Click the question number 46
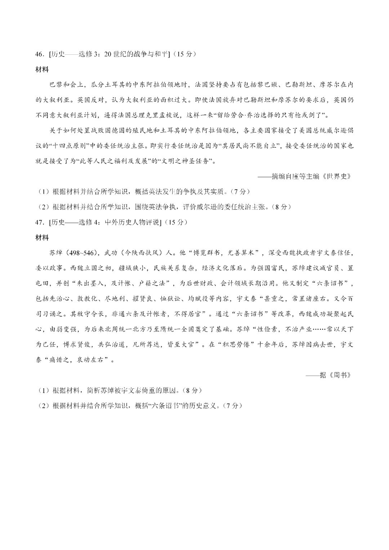[39, 54]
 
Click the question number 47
[39, 222]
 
